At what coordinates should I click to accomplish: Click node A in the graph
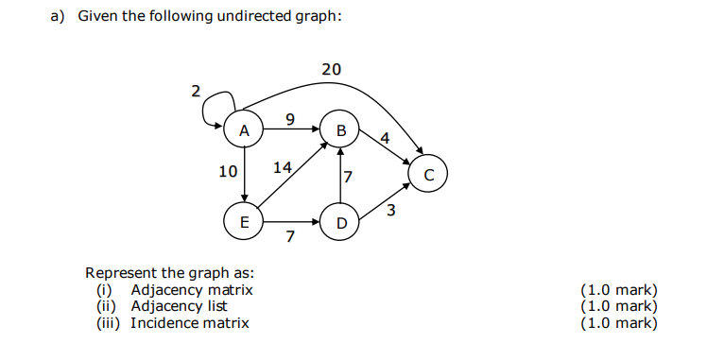point(244,131)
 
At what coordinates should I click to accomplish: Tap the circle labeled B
point(340,129)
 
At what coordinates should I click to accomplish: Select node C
point(428,175)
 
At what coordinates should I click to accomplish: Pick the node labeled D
point(340,223)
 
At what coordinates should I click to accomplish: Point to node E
point(244,223)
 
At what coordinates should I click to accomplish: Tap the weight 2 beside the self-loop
point(196,92)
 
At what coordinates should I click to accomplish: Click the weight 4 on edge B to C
point(384,138)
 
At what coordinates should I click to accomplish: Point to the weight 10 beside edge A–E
point(227,172)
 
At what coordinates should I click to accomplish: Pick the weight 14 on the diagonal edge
point(283,168)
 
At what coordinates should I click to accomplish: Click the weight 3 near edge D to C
point(390,210)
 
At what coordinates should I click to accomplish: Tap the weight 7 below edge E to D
point(290,236)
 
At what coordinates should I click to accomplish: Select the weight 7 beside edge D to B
point(348,177)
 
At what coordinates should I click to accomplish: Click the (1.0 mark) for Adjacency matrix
point(618,290)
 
